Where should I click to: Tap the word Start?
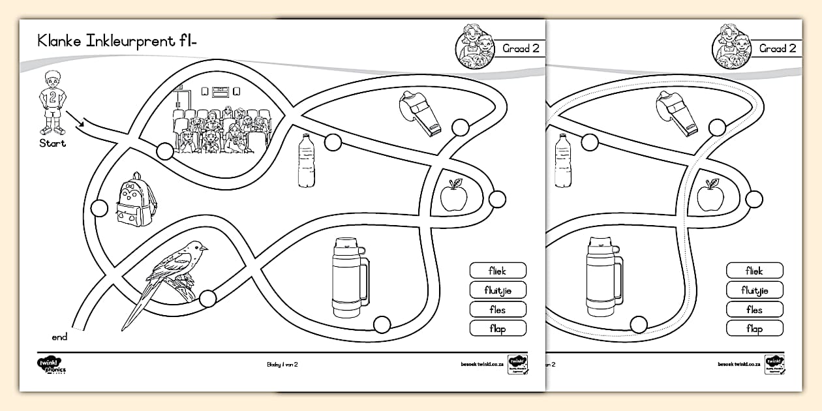(x=52, y=144)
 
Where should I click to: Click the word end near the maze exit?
(x=59, y=337)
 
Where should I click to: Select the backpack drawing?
(x=136, y=200)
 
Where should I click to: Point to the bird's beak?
(x=205, y=248)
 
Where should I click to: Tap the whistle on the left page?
(x=419, y=113)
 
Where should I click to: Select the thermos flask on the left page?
(x=349, y=277)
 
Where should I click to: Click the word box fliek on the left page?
(x=498, y=271)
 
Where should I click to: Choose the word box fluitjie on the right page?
(x=754, y=290)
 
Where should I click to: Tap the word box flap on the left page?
(x=498, y=329)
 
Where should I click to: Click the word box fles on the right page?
(x=754, y=310)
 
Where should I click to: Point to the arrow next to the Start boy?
(x=77, y=120)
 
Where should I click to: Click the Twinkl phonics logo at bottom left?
(x=52, y=366)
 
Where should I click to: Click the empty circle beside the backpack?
(x=99, y=209)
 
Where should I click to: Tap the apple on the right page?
(x=710, y=196)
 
